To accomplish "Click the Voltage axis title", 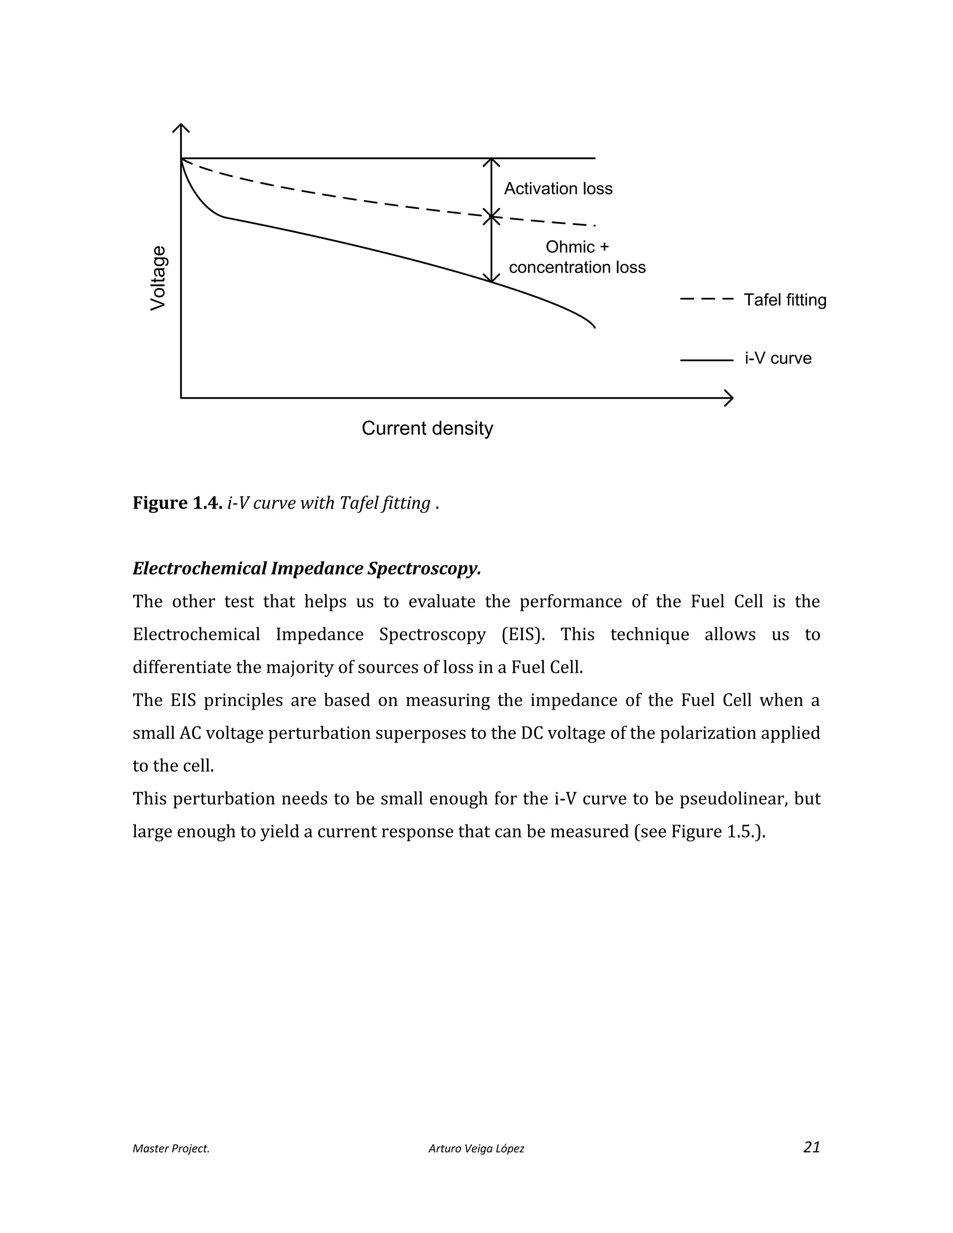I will pyautogui.click(x=159, y=278).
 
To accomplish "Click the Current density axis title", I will pyautogui.click(x=427, y=429).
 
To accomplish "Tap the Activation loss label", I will pyautogui.click(x=558, y=188).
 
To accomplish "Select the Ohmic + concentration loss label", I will pyautogui.click(x=577, y=257).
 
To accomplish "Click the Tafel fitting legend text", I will pyautogui.click(x=785, y=300).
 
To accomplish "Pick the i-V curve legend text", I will pyautogui.click(x=778, y=358).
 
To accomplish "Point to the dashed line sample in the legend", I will pyautogui.click(x=706, y=299).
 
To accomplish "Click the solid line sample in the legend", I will pyautogui.click(x=706, y=360).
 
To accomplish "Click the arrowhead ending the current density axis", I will pyautogui.click(x=730, y=398).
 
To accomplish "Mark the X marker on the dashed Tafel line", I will pyautogui.click(x=492, y=216).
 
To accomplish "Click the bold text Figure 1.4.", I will pyautogui.click(x=177, y=503).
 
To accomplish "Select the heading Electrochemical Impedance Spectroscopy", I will pyautogui.click(x=307, y=569).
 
